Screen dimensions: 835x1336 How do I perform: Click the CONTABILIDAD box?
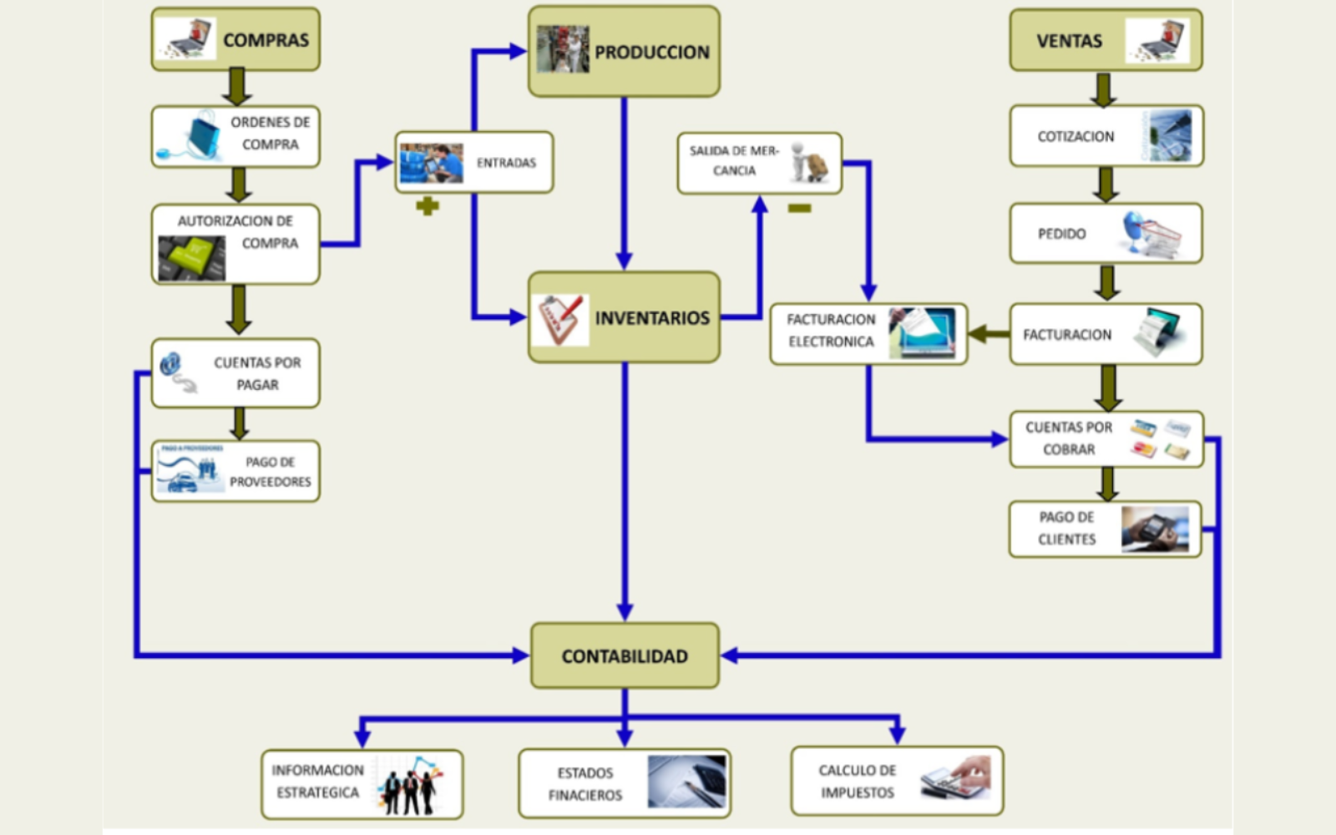625,655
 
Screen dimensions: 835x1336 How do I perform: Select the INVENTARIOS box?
625,317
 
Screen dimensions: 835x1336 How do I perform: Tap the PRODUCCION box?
624,52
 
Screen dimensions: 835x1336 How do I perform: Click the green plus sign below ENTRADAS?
428,205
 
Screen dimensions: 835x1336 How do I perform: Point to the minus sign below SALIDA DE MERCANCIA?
799,208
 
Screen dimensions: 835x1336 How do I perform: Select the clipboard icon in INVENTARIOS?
560,319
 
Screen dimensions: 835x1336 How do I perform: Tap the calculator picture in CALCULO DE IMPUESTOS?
956,778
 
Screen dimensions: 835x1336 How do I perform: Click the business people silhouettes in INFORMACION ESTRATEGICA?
409,787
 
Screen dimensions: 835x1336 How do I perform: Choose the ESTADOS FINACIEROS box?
625,783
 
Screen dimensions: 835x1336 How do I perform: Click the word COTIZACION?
1075,136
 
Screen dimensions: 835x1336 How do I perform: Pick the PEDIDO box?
1106,234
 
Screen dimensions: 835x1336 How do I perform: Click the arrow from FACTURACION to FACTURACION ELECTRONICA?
989,334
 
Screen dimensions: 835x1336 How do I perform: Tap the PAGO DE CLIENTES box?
1105,529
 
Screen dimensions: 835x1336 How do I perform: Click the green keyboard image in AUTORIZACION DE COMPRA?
192,257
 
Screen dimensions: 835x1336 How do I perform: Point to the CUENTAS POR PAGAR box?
235,373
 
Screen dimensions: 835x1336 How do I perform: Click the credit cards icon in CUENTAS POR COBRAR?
1160,439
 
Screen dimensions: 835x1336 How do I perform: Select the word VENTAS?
1069,41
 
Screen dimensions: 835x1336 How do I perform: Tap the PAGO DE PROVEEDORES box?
235,472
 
